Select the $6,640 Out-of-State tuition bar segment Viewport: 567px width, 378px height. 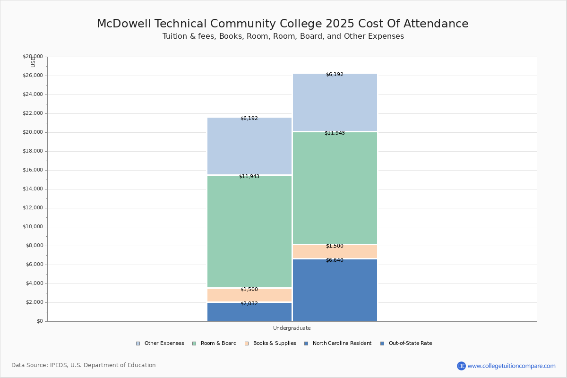coord(335,291)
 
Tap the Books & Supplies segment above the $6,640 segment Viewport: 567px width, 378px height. coord(335,252)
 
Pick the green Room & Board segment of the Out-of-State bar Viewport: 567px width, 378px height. coord(335,188)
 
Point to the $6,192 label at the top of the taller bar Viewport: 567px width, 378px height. coord(335,75)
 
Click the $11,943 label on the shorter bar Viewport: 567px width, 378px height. coord(249,177)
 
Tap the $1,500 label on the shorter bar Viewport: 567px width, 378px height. coord(249,290)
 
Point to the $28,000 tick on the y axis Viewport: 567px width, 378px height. coord(33,57)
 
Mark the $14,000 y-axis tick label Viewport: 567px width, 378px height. coord(33,189)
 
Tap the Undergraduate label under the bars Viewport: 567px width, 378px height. coord(292,328)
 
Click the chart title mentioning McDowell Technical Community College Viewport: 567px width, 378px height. coord(283,24)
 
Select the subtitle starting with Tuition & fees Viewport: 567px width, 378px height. coord(283,36)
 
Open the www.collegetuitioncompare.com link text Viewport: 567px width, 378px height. coord(511,366)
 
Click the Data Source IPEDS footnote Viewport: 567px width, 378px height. coord(84,365)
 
